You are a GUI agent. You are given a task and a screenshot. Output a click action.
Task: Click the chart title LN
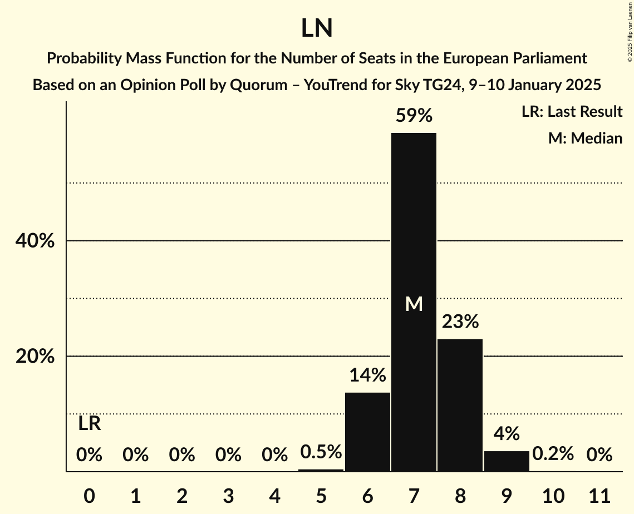tap(317, 28)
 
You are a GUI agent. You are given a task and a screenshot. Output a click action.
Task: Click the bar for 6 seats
tap(367, 432)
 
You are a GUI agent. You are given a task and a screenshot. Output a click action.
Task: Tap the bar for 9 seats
tap(507, 461)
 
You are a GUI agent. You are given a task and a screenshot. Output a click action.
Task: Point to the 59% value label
tap(414, 116)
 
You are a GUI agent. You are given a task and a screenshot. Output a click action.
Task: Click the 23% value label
tap(460, 322)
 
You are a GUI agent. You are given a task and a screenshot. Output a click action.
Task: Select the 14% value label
tap(367, 375)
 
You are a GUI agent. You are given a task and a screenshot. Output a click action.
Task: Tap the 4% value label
tap(507, 433)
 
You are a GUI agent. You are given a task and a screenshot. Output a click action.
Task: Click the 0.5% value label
tap(321, 452)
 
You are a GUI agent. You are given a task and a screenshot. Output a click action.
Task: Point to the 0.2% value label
tap(553, 454)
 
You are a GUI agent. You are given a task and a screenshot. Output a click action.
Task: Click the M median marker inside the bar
tap(414, 304)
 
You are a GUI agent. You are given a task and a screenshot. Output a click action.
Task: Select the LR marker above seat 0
tap(89, 424)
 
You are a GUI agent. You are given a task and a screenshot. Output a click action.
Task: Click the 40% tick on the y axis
tap(35, 241)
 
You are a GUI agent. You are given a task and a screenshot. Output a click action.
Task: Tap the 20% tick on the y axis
tap(35, 357)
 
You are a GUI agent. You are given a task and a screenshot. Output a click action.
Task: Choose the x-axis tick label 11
tap(599, 494)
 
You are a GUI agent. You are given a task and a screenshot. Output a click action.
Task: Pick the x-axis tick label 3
tap(228, 494)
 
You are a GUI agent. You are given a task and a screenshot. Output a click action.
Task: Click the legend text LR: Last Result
tap(572, 112)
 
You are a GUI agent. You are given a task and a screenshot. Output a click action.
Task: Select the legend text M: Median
tap(585, 138)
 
